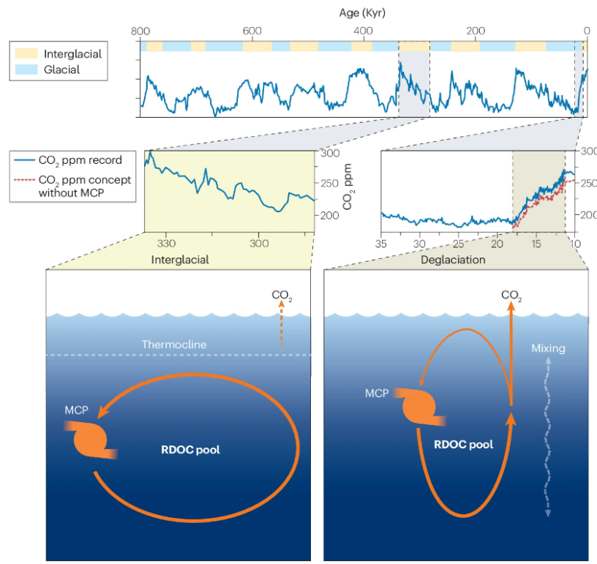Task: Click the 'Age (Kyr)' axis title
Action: (x=362, y=12)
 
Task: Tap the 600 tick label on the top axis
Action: (x=251, y=31)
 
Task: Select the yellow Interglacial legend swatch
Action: (x=26, y=54)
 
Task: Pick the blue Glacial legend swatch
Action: (x=26, y=70)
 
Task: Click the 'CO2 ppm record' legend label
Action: (x=80, y=159)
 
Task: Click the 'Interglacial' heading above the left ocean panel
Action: (x=180, y=259)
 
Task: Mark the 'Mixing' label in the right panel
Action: (x=548, y=348)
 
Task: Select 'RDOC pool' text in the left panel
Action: (x=190, y=450)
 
